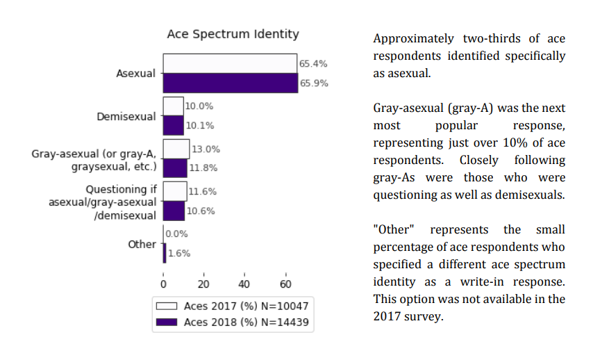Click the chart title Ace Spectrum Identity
coord(233,34)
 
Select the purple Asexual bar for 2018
coord(230,83)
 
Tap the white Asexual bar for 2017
coord(230,63)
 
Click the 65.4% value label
coord(313,64)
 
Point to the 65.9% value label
coord(313,83)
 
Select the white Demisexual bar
coord(173,106)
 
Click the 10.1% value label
coord(199,126)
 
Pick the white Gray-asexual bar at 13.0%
coord(176,149)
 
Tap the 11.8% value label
coord(203,168)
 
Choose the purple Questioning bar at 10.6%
coord(174,211)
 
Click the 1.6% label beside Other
coord(178,254)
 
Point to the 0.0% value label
coord(177,234)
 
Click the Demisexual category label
coord(126,117)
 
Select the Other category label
coord(142,245)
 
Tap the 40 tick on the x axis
coord(244,284)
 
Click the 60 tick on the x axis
coord(285,284)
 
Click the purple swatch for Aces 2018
coord(167,322)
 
